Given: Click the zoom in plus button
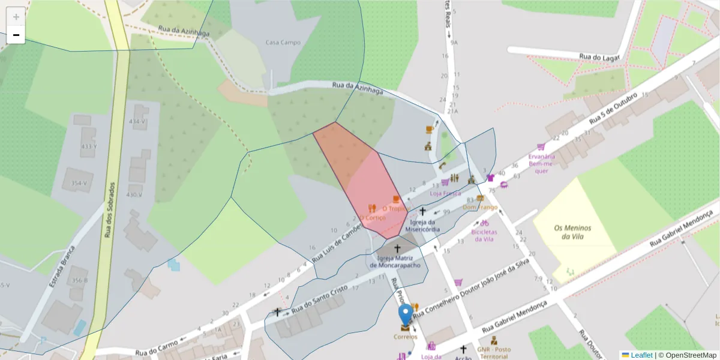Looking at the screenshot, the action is [16, 17].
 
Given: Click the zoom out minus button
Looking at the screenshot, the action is [16, 35].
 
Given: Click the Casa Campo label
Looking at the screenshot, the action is [283, 43].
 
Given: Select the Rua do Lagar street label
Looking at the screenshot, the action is [598, 57].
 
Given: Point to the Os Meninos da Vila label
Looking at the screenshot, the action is [572, 232].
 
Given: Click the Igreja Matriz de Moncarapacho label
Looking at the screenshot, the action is [396, 262].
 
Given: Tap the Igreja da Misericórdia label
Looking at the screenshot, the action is [423, 226].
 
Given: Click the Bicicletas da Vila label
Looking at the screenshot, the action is [484, 235].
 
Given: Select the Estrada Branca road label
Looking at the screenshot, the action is [62, 266].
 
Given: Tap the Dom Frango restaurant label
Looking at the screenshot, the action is [479, 207].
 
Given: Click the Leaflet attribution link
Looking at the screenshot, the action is [641, 355].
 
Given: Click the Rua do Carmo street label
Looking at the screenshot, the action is [157, 352].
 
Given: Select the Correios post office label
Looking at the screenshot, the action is [405, 337].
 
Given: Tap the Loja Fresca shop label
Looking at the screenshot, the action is [445, 193].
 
